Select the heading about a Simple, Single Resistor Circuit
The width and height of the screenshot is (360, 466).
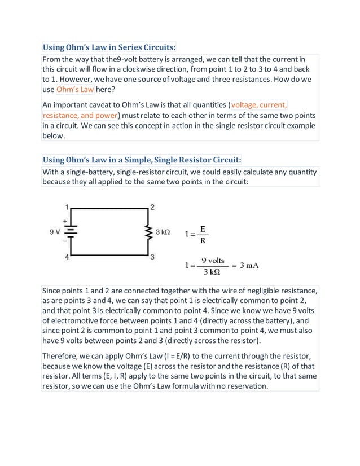[x=142, y=160]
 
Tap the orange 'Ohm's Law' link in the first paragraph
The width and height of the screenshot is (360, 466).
[x=74, y=89]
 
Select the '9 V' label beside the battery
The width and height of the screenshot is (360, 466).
[x=55, y=232]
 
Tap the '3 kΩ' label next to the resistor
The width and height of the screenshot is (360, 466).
[x=163, y=232]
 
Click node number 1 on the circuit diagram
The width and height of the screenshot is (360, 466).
[x=67, y=206]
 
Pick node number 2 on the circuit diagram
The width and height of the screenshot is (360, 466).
[x=152, y=206]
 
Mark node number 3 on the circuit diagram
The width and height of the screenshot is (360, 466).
[x=152, y=257]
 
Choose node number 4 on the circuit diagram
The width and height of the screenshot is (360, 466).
[x=67, y=257]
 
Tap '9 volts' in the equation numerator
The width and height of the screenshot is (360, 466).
[x=213, y=260]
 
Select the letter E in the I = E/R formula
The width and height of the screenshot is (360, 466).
[x=202, y=228]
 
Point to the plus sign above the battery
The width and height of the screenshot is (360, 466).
[x=65, y=222]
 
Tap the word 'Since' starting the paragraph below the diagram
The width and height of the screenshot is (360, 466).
[x=53, y=291]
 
